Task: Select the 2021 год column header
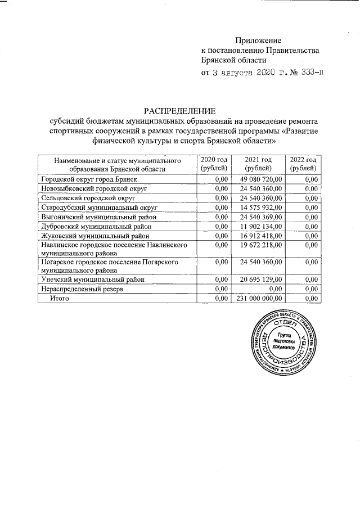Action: (258, 164)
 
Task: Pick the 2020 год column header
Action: (213, 164)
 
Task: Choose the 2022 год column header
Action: (303, 164)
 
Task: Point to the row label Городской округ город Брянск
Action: (89, 179)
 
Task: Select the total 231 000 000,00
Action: (258, 299)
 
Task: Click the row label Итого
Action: (59, 299)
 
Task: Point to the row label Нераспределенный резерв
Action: (79, 289)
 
